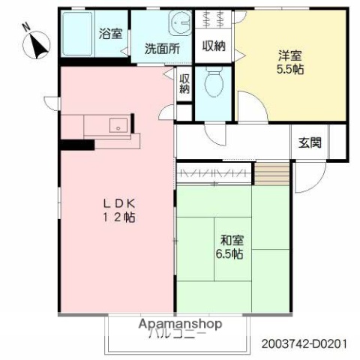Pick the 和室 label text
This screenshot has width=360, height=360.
point(231,241)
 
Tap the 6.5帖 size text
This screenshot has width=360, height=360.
point(231,254)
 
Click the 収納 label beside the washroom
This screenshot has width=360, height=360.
point(214,46)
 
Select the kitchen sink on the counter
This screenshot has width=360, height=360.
point(117,125)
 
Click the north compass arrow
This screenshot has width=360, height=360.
point(37,49)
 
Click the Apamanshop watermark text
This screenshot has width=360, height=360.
point(180,324)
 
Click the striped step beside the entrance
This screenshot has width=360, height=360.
point(272,173)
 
